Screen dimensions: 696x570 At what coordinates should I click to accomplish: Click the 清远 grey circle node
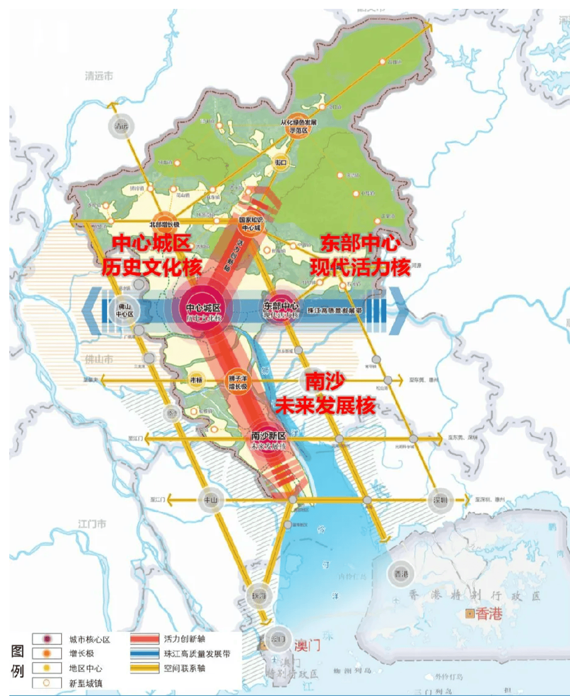(121, 126)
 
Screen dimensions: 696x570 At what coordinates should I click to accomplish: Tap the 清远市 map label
(99, 76)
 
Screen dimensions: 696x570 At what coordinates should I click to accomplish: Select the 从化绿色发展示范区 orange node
(298, 126)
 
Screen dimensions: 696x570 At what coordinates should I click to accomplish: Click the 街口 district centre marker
(281, 162)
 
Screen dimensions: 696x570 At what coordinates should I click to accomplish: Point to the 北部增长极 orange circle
(165, 223)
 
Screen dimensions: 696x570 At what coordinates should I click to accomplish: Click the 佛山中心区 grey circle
(124, 310)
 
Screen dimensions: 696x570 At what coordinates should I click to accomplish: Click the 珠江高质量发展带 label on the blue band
(335, 310)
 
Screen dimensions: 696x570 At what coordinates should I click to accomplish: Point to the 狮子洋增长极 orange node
(237, 382)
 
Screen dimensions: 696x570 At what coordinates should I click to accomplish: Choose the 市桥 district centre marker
(196, 380)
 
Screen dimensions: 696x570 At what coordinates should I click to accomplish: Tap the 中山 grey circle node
(210, 500)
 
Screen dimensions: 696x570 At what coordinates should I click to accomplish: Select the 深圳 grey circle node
(440, 500)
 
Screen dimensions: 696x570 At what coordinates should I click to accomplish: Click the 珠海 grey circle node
(259, 596)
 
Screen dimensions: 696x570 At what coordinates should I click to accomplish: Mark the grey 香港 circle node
(401, 574)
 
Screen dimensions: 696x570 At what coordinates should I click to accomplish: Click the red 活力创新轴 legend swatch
(144, 639)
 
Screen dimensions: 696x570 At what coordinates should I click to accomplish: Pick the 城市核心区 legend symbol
(47, 639)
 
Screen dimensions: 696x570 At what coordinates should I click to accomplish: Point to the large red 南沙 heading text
(325, 381)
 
